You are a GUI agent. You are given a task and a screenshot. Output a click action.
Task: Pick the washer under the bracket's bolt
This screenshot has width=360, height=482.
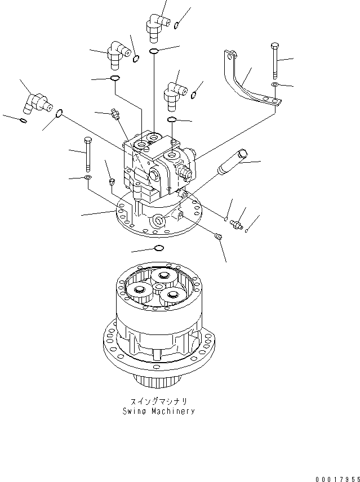coord(274,84)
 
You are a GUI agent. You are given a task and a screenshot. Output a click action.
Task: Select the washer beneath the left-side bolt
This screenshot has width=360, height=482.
coord(87,178)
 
